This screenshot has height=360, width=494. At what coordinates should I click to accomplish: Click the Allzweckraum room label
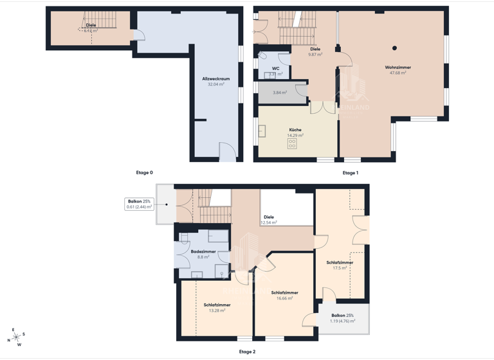[x=215, y=78]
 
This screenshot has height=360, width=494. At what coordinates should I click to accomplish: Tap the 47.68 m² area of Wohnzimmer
[x=398, y=73]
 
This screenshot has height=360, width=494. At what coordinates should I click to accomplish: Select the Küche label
[x=295, y=130]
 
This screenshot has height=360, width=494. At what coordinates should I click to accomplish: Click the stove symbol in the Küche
[x=292, y=144]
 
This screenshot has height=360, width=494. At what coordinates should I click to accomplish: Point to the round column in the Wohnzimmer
[x=395, y=48]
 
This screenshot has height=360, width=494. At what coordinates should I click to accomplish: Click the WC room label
[x=275, y=68]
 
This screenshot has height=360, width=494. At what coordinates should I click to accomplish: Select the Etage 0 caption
[x=144, y=172]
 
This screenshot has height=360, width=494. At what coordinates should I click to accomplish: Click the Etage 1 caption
[x=351, y=172]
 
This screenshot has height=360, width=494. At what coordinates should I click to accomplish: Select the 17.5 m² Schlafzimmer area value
[x=340, y=268]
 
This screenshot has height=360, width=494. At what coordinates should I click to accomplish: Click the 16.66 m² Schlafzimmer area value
[x=284, y=298]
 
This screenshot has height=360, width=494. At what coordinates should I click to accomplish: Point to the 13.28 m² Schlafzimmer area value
[x=217, y=310]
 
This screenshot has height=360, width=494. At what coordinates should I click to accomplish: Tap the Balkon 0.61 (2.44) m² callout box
[x=140, y=204]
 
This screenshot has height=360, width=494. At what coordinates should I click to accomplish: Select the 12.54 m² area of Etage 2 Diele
[x=269, y=222]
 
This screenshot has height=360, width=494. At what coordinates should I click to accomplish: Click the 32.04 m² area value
[x=215, y=84]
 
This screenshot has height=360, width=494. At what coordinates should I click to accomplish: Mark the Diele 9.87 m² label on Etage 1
[x=315, y=51]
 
